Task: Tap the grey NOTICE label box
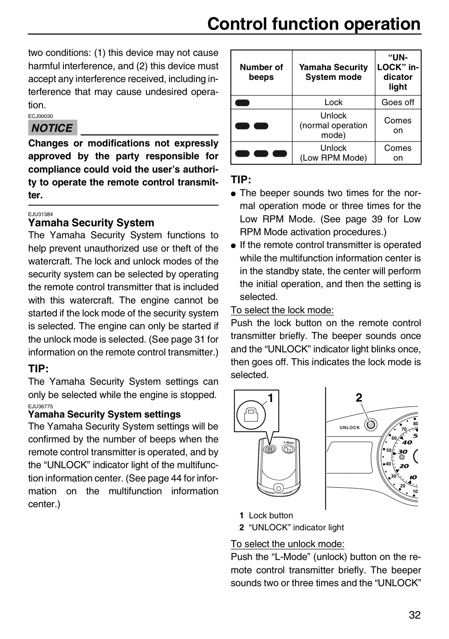coord(52,127)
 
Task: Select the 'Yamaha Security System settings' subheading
coord(104,414)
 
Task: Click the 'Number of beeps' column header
coord(261,72)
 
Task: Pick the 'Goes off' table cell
coord(398,102)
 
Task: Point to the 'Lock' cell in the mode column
coord(333,102)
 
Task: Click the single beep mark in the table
coord(242,103)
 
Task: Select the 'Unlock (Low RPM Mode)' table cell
coord(333,153)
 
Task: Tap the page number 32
coord(414,615)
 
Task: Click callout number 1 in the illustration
coord(271,398)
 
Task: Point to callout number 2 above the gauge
coord(359,398)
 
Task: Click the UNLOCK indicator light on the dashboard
coord(370,425)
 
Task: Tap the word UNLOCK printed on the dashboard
coord(350,428)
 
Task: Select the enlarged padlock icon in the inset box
coord(251,415)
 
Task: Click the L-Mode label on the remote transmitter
coord(288,443)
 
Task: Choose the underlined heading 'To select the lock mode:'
coord(282,310)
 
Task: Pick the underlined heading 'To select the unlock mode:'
coord(288,544)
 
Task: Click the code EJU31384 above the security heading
coord(40,214)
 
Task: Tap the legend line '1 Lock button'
coord(266,516)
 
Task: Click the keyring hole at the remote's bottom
coord(279,489)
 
